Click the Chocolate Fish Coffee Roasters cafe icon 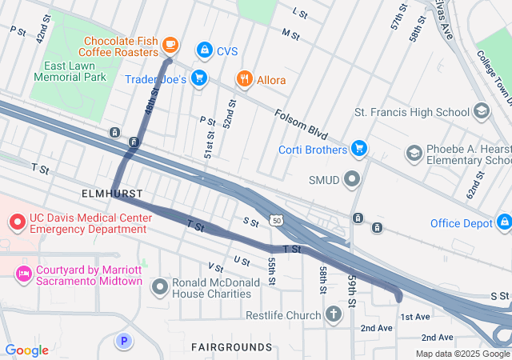(170, 45)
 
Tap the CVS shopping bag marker (205, 50)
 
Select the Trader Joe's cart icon (199, 78)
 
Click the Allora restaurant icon (243, 79)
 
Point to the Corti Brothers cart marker (359, 148)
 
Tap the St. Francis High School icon (482, 111)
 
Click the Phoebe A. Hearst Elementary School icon (414, 152)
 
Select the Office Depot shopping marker (503, 222)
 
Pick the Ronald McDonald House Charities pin (161, 286)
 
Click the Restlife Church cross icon (334, 314)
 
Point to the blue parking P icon (123, 341)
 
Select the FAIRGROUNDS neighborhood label (232, 346)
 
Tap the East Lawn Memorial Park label (70, 71)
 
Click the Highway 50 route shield (276, 219)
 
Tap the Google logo (26, 350)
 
